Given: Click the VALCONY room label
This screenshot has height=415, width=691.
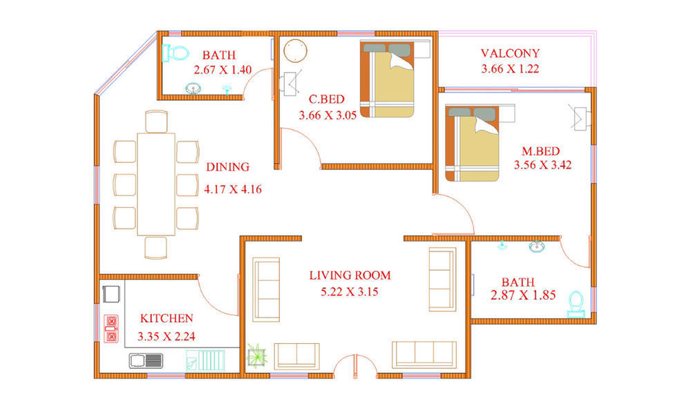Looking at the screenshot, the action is pos(510,53).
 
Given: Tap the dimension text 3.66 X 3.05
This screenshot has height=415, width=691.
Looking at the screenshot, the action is pos(328,115).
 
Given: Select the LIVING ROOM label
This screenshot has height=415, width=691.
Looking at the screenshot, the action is pos(350,276).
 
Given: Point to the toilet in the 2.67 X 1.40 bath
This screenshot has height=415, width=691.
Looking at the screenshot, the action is pos(176,53).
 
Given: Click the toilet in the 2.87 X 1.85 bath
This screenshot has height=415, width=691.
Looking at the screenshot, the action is pos(576,304).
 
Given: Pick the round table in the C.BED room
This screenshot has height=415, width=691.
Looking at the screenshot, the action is pos(295,50).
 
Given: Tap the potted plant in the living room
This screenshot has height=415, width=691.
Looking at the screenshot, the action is pos(256,356).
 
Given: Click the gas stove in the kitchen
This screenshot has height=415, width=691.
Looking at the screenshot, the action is pos(111,329).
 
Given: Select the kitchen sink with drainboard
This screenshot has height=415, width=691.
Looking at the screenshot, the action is pos(146,360).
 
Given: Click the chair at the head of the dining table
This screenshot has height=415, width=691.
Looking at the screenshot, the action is pos(156,121).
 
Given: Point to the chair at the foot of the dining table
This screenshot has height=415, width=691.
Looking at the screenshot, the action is pos(156,248).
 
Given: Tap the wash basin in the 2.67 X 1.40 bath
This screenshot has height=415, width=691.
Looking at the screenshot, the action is pos(193,88).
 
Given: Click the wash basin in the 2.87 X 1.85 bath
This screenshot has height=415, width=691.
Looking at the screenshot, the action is pos(537,247).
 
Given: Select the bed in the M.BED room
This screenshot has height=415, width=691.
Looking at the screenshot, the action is pos(472,143).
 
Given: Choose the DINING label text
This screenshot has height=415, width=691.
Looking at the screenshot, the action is pos(228,167).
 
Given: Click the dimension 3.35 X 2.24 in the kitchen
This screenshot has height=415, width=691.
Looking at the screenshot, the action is pos(166,336).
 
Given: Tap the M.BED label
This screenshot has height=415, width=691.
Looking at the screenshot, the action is pos(541,151).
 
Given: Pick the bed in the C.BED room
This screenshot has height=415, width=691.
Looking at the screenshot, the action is pos(388,79).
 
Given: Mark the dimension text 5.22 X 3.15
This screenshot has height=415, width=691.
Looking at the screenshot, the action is pos(350,291).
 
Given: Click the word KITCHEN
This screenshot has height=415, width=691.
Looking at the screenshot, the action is pos(167,318).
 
